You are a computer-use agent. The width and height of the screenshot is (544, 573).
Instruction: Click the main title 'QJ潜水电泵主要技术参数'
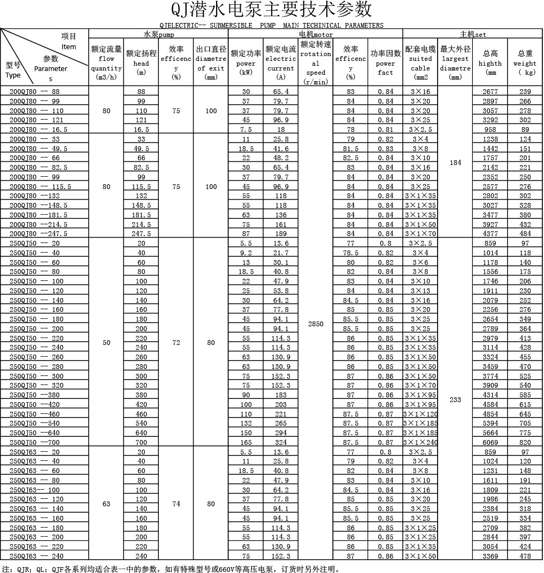coord(271,10)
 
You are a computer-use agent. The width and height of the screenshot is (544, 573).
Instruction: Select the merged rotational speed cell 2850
coord(316,324)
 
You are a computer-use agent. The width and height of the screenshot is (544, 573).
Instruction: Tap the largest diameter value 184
coord(455,163)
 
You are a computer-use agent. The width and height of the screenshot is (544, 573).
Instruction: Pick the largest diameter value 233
coord(455,399)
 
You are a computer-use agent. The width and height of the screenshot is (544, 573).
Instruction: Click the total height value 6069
coord(490,443)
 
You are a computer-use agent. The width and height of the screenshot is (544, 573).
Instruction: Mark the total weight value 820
coord(525,443)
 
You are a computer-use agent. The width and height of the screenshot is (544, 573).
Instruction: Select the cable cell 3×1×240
coord(420,443)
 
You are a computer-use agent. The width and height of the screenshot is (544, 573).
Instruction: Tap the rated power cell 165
coord(246,443)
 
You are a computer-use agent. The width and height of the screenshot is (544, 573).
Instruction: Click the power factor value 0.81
coord(385,130)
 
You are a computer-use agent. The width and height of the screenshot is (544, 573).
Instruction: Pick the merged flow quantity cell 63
coord(106,504)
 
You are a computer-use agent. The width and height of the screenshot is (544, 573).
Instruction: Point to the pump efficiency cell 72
coord(176,343)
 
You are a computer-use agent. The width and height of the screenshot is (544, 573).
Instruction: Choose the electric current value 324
coord(281,443)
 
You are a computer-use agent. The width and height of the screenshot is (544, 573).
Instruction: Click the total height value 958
coord(490,130)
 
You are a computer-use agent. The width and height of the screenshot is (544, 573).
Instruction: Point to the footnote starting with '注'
coord(171,568)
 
